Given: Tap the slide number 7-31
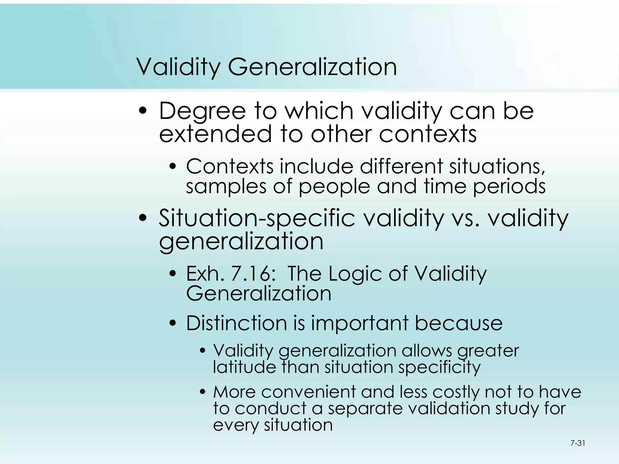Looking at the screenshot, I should coord(578,443).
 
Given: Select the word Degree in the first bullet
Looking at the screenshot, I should coord(202,111).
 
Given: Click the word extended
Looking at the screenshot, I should coord(215,134).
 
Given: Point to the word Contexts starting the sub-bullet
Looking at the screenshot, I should coord(229,166).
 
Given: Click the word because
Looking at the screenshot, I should coord(459,323).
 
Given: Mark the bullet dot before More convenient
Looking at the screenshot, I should coord(203,392).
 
